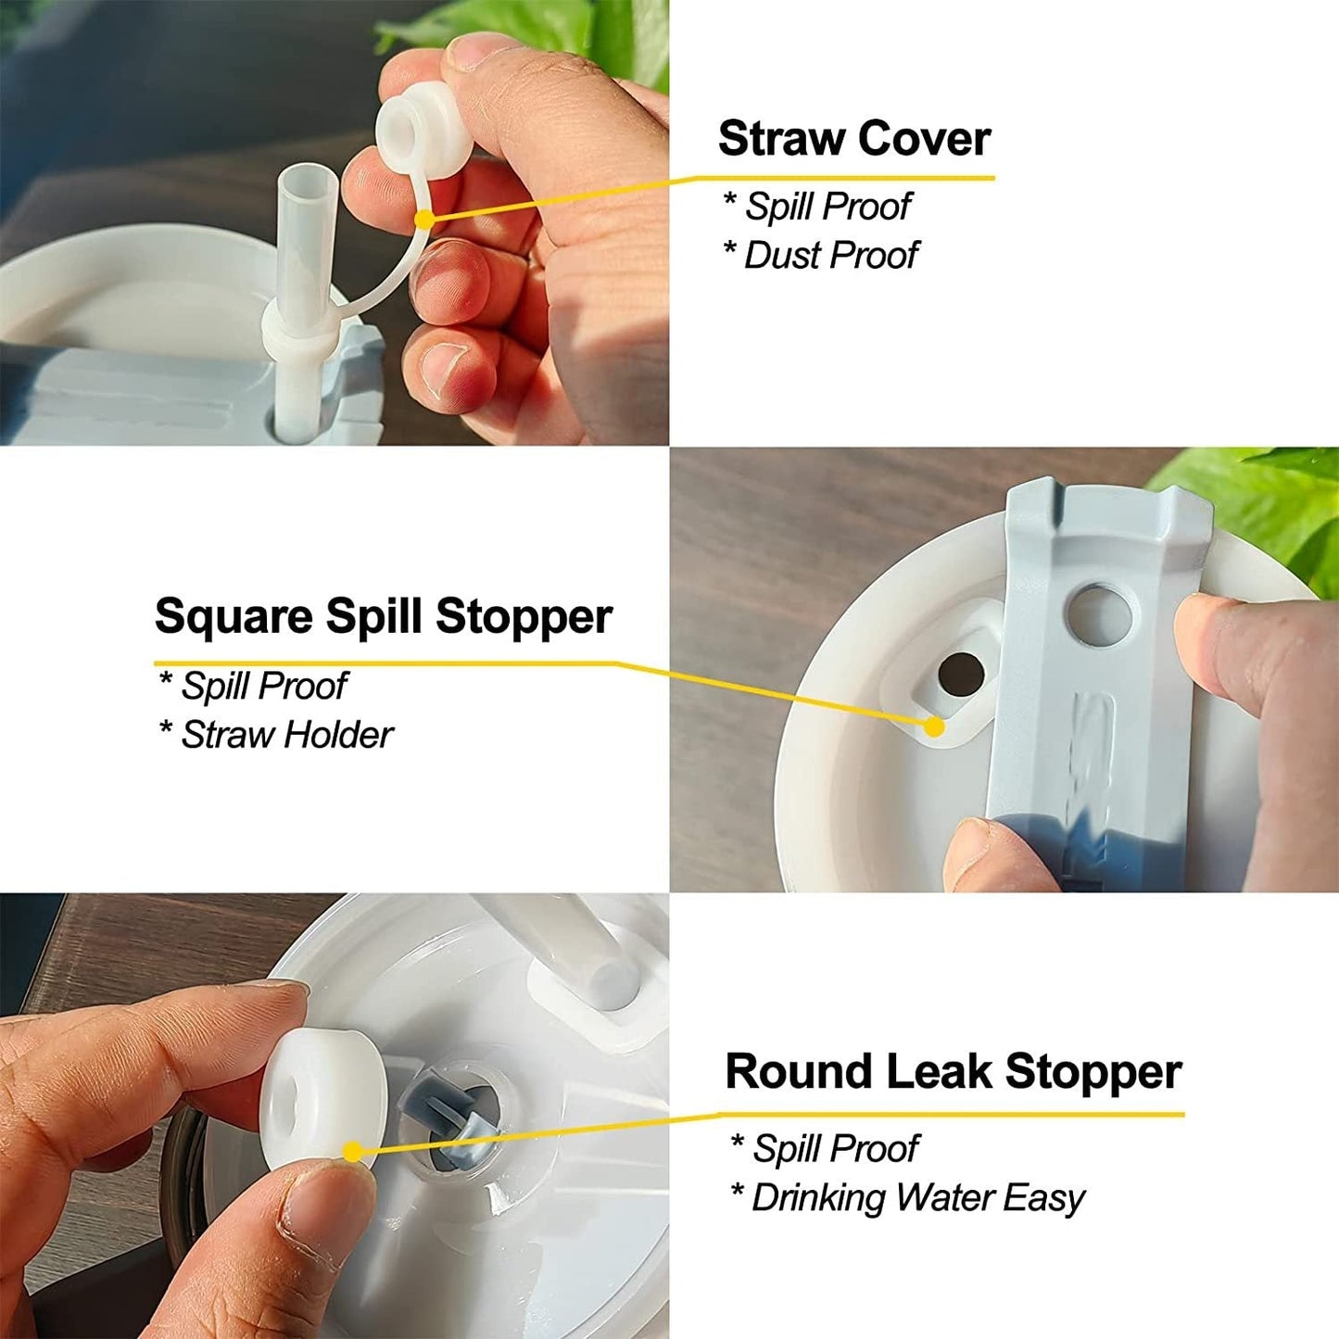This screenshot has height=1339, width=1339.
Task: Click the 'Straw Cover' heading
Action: point(853,139)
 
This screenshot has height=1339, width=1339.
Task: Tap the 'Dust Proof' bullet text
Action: point(830,255)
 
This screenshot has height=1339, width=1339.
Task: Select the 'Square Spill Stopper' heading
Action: point(383,616)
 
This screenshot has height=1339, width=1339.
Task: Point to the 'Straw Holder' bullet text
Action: point(286,735)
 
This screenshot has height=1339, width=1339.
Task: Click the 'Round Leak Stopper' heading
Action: point(953,1071)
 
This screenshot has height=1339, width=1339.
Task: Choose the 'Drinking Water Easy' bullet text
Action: point(917,1197)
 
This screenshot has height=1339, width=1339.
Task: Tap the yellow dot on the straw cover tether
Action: point(423,220)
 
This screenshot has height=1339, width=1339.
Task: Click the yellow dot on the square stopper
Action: point(934,726)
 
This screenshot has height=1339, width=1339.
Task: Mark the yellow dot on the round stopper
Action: point(352,1152)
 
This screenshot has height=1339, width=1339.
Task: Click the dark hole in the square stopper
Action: point(960,674)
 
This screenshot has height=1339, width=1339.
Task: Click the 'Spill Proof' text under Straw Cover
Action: point(828,206)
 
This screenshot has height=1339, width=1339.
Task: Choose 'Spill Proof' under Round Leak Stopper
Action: point(835,1148)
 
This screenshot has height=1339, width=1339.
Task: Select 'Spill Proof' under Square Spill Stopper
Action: point(263,686)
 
